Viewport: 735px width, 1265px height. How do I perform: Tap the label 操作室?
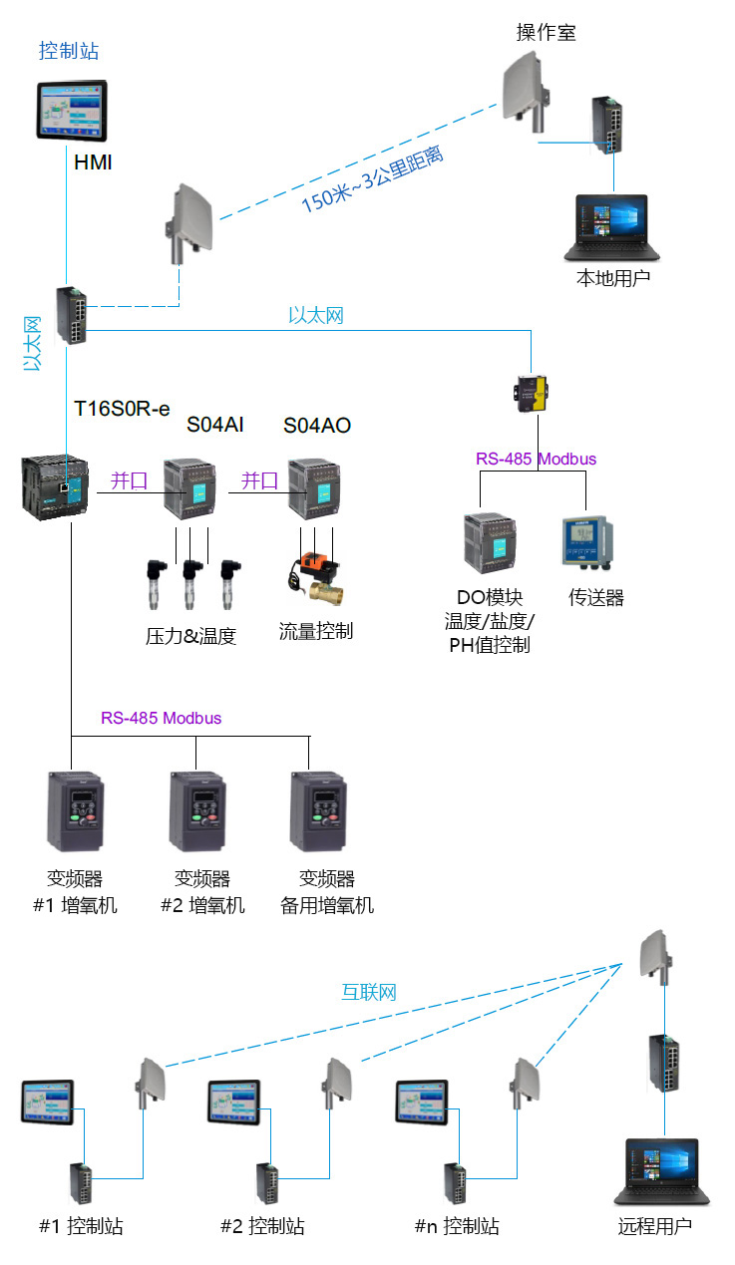[x=546, y=32]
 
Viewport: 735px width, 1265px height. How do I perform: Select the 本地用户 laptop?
[x=612, y=228]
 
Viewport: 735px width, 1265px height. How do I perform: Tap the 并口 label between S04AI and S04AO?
[x=259, y=481]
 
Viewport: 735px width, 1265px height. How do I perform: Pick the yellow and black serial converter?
[x=531, y=393]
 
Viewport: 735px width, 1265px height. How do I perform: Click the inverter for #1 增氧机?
[x=75, y=812]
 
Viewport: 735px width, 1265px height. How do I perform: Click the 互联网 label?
[x=369, y=992]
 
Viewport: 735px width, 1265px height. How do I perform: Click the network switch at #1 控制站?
[x=82, y=1183]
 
